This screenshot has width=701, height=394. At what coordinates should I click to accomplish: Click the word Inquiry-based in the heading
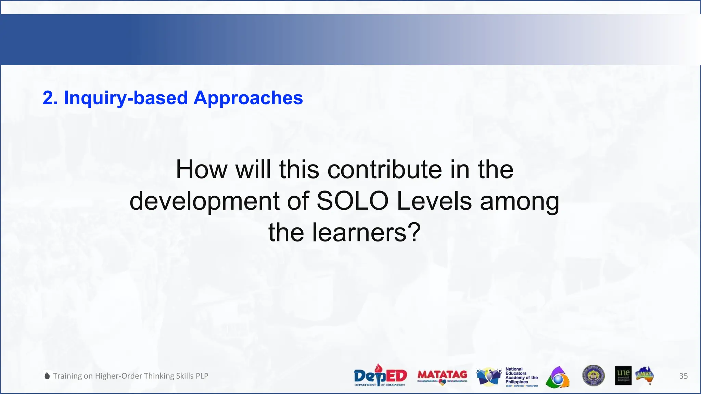[x=126, y=98]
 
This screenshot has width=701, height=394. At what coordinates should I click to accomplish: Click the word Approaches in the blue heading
[x=248, y=98]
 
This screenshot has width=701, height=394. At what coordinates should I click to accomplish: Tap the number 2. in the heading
[x=50, y=98]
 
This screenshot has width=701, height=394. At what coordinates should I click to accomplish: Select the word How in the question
[x=201, y=170]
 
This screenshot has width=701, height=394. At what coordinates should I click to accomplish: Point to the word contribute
[x=384, y=170]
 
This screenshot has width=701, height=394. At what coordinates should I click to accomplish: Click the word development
[x=204, y=201]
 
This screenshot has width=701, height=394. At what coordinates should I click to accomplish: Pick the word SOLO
[x=352, y=201]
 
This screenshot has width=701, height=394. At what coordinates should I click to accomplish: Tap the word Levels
[x=434, y=201]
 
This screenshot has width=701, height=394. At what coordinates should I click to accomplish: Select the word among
[x=519, y=202]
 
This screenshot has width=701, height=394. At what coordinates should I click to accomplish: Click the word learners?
[x=366, y=233]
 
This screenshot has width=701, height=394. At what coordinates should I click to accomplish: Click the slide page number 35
[x=683, y=376]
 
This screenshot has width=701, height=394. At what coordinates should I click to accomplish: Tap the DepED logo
[x=380, y=376]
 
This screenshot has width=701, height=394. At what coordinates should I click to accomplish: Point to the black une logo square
[x=623, y=376]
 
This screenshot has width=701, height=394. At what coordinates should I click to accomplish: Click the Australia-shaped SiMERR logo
[x=645, y=376]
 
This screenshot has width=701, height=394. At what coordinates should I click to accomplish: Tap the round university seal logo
[x=593, y=376]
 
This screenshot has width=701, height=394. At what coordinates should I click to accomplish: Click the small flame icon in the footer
[x=47, y=376]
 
